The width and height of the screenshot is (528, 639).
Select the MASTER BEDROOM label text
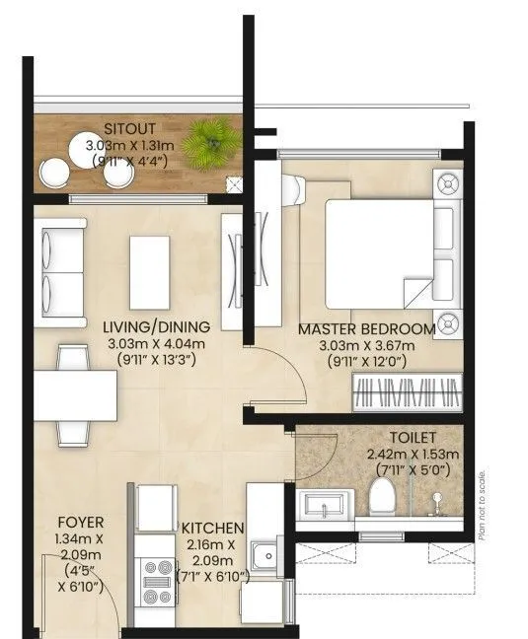pos(379,328)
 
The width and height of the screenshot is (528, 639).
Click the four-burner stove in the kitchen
pos(156,582)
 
